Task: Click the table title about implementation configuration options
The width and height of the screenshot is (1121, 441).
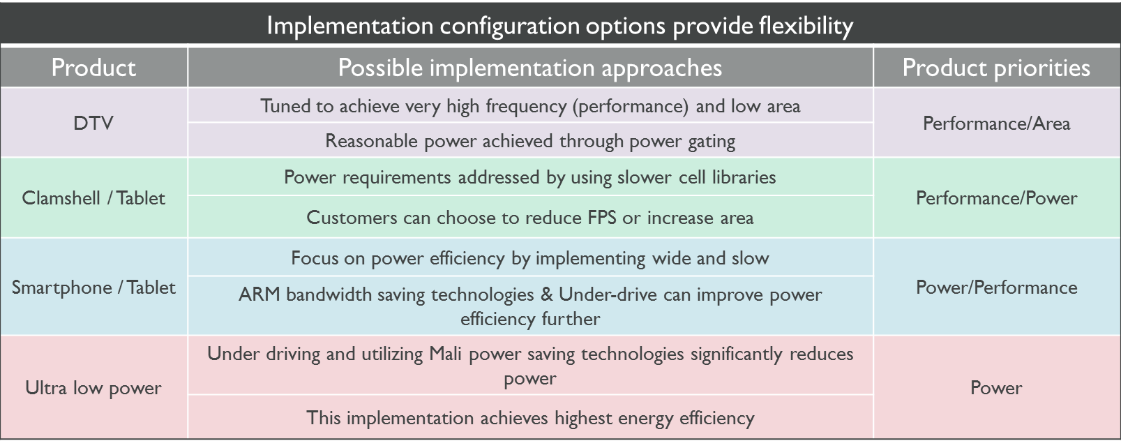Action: pyautogui.click(x=560, y=26)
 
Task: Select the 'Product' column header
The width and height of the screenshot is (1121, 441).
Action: pyautogui.click(x=93, y=68)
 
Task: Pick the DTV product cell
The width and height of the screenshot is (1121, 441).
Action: pyautogui.click(x=93, y=123)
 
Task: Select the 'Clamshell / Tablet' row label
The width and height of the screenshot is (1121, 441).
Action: pyautogui.click(x=93, y=198)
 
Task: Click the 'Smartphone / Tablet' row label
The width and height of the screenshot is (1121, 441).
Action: pyautogui.click(x=93, y=287)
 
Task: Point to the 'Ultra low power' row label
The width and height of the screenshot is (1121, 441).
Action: pyautogui.click(x=93, y=388)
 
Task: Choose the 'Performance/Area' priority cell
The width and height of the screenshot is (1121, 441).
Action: pyautogui.click(x=996, y=123)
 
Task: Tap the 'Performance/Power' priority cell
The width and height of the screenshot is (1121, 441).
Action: pyautogui.click(x=996, y=198)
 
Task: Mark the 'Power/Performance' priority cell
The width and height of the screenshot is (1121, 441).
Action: pyautogui.click(x=996, y=287)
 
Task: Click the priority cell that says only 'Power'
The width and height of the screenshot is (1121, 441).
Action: pyautogui.click(x=996, y=388)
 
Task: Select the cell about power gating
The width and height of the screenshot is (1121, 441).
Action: pyautogui.click(x=530, y=141)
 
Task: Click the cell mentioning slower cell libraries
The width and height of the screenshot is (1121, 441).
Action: pyautogui.click(x=530, y=177)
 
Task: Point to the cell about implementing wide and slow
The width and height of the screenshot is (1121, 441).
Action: pyautogui.click(x=530, y=258)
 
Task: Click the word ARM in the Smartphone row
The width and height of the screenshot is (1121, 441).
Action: pyautogui.click(x=259, y=294)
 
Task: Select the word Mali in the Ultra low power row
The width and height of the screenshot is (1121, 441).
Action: pyautogui.click(x=445, y=354)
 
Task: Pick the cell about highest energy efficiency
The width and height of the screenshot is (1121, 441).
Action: pyautogui.click(x=530, y=418)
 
